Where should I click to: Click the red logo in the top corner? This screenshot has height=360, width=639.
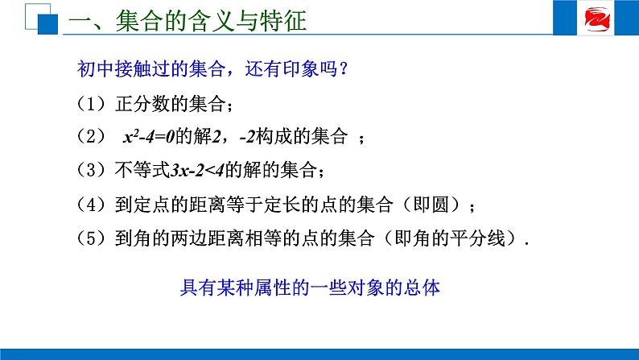coord(596,19)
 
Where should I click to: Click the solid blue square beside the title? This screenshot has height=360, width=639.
coord(47,24)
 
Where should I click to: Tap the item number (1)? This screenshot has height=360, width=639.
coord(91,104)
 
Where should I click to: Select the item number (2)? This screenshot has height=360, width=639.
coord(91,136)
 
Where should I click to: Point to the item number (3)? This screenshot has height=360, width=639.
coord(91,170)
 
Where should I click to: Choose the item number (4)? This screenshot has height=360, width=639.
coord(91,205)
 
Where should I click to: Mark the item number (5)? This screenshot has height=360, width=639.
coord(91,238)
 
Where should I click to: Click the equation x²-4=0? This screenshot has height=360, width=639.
coord(149,137)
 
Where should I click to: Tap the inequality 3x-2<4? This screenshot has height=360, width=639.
coord(198,170)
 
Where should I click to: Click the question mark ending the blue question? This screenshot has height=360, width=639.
coord(343,68)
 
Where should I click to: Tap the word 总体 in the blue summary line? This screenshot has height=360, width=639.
coord(422,288)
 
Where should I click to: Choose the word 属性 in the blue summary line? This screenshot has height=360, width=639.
coord(273,288)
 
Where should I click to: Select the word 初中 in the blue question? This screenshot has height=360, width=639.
coord(96,68)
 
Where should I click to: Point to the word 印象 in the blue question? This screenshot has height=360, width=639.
coord(300,68)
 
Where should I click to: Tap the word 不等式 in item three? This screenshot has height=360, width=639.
coord(142,170)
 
